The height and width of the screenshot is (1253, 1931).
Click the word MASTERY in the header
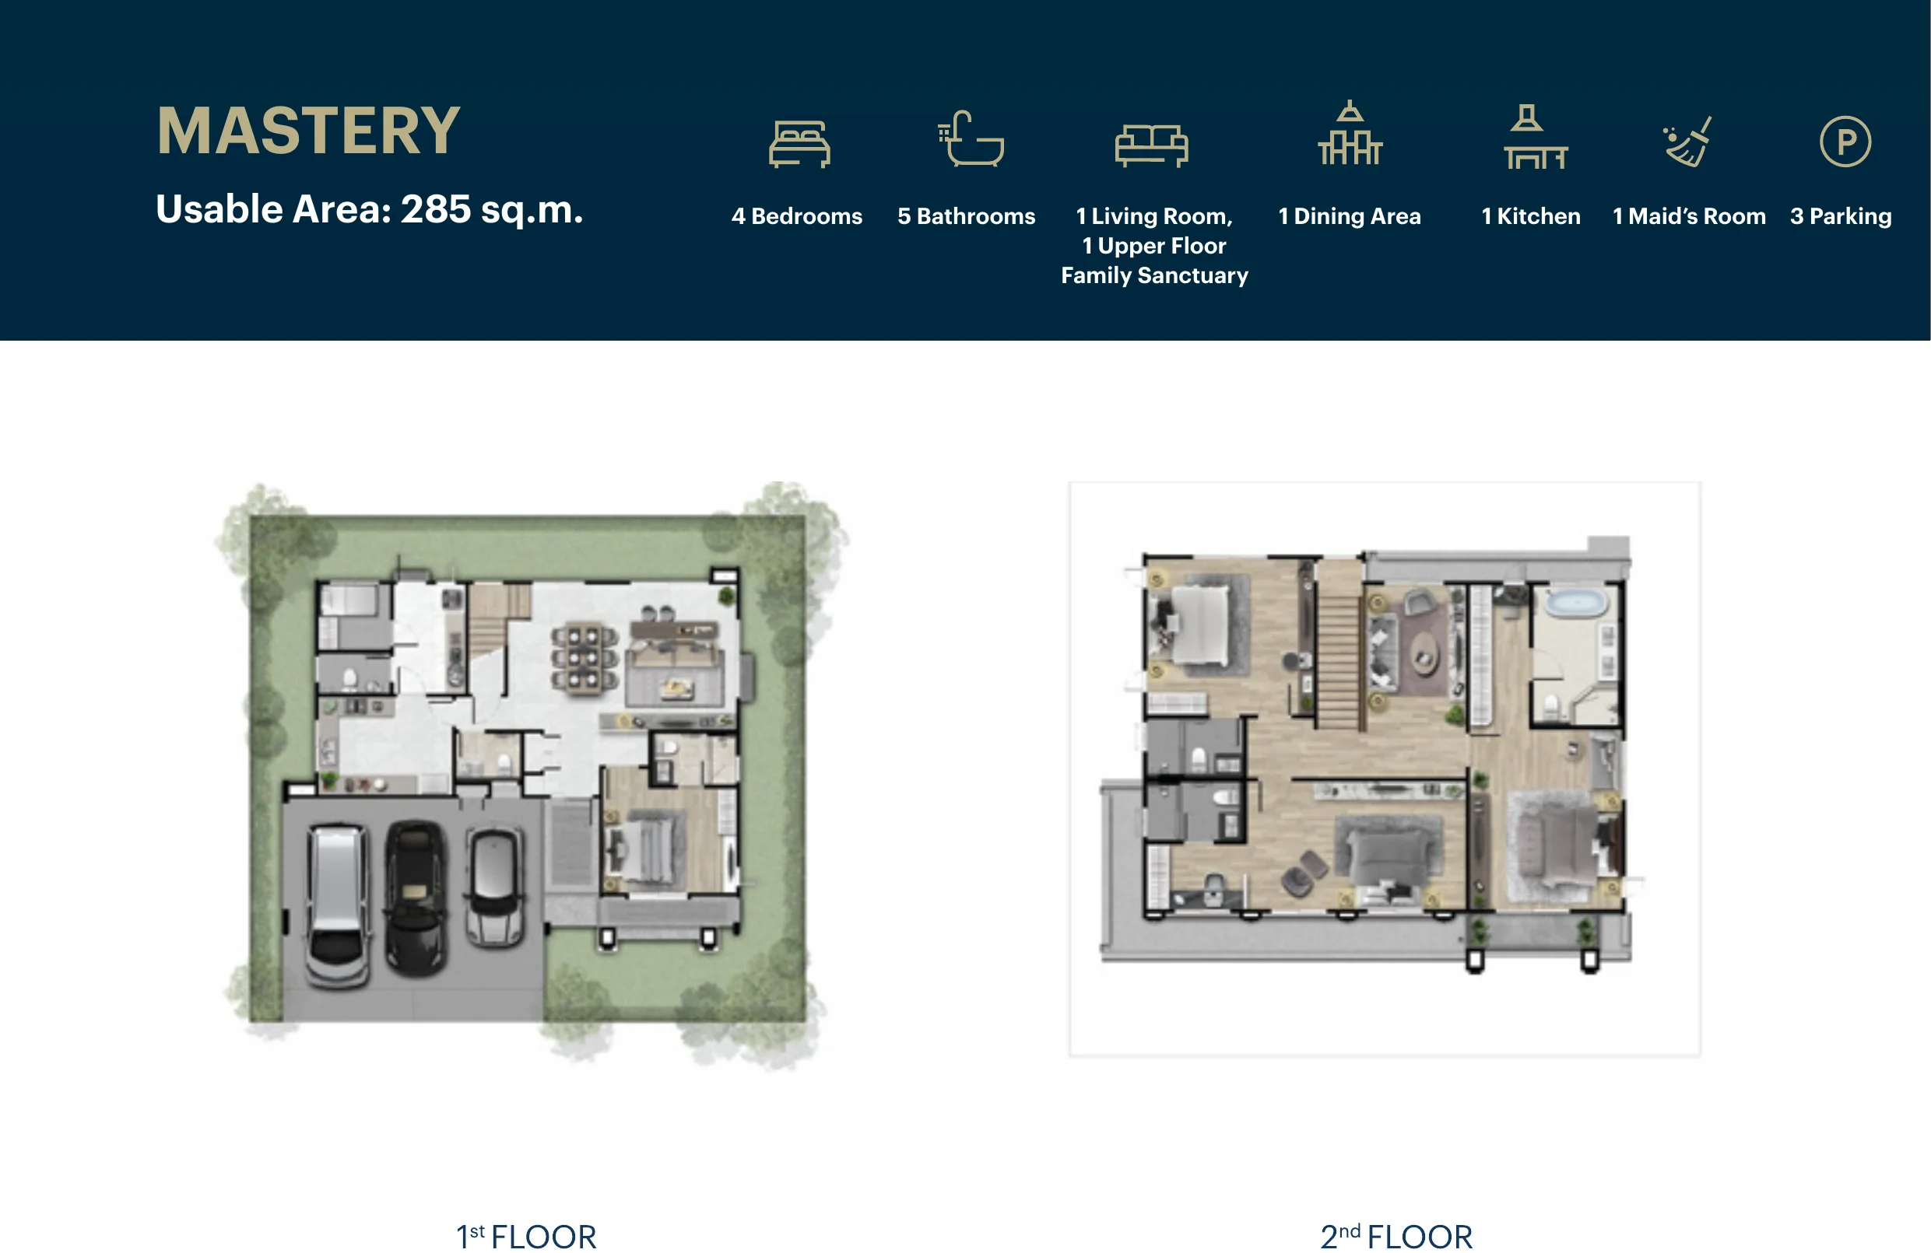coord(308,131)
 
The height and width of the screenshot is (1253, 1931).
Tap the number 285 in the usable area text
coord(436,209)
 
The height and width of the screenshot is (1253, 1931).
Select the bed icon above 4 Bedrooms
coord(799,144)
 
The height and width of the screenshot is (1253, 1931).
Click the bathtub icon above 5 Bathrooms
coord(971,138)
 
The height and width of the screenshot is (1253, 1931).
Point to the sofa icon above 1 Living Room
coord(1151,145)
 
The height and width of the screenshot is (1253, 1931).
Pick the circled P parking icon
coord(1845,142)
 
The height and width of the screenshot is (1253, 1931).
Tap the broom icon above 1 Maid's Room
coord(1687,141)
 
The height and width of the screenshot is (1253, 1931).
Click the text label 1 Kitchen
coord(1531,216)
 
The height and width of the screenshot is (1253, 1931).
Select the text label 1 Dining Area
coord(1350,216)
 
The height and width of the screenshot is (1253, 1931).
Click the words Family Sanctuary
coord(1154,276)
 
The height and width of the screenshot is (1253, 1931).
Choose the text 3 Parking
coord(1841,216)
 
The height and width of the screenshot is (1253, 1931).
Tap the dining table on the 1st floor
coord(585,658)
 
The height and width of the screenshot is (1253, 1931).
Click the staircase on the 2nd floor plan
coord(1338,661)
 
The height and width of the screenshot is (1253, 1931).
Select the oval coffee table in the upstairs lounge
coord(1423,651)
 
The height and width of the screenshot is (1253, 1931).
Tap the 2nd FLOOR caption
coord(1396,1237)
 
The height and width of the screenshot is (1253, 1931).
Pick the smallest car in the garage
coord(494,887)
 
